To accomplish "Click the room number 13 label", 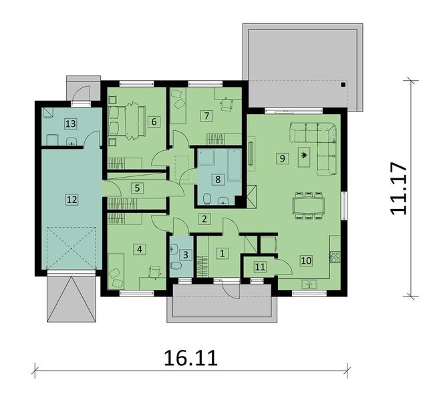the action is [71, 124].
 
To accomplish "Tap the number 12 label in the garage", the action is [71, 200].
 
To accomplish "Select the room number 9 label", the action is [282, 158].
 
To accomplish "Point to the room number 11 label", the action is [260, 266].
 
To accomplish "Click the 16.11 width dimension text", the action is [190, 358].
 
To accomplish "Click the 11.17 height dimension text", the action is [398, 189].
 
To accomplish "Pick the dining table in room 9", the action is [309, 206].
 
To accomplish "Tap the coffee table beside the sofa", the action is [304, 158].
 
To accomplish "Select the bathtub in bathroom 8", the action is [235, 165].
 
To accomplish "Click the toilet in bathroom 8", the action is [207, 198].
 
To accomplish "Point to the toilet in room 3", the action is [176, 266].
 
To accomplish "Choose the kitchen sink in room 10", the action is [309, 284].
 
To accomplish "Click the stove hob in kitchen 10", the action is [335, 257].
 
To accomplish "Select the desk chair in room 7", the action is [227, 104].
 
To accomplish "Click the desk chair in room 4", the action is [154, 271].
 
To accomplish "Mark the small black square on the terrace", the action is [343, 84].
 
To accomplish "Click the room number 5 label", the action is [137, 188].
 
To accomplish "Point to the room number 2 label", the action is [204, 219].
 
